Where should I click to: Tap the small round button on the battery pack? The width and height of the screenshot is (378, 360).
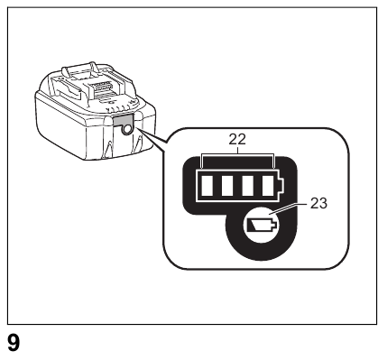pos(124,129)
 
